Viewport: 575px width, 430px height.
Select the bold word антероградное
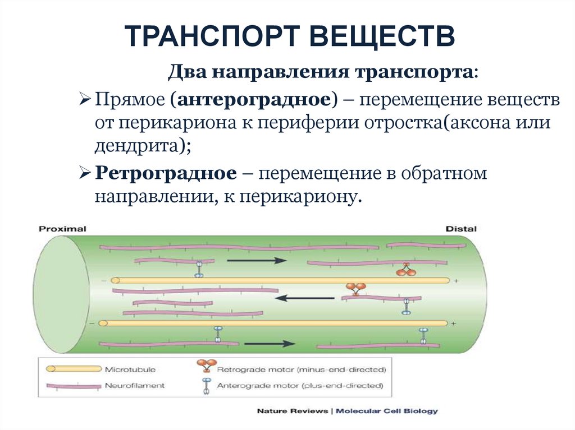click(254, 100)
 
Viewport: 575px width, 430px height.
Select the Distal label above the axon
click(460, 229)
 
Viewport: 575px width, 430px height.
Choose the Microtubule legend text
click(130, 369)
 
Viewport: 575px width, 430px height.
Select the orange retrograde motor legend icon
click(203, 368)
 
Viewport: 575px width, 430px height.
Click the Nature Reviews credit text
click(292, 411)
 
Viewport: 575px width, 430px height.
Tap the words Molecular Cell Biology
click(387, 411)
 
